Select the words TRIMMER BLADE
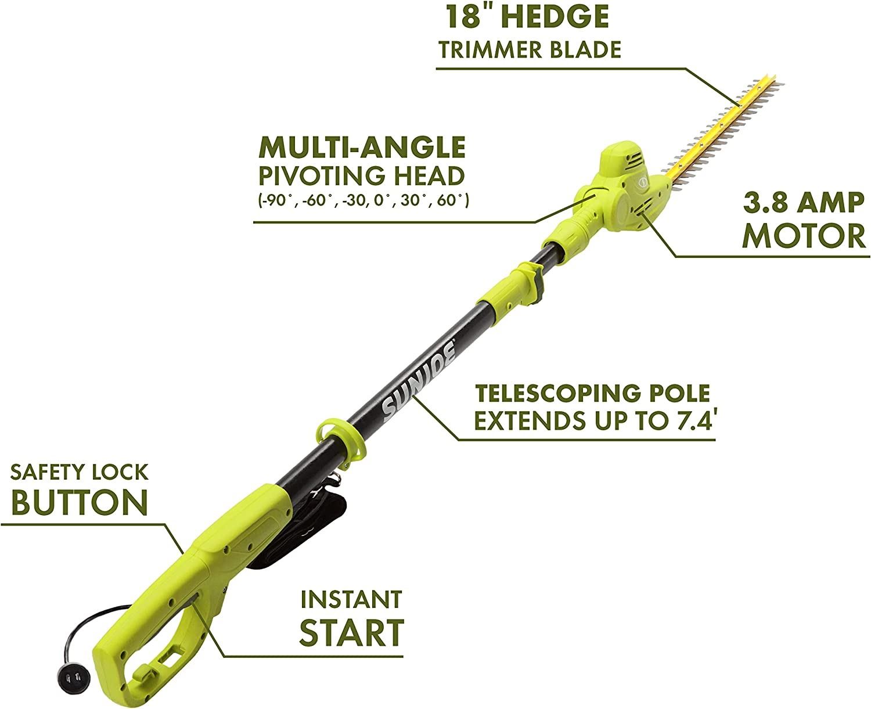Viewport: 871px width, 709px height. tap(530, 50)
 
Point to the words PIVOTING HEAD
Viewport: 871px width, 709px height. tap(362, 176)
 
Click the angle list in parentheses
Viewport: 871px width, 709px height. tap(363, 201)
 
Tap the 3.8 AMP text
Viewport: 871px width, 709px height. tap(804, 203)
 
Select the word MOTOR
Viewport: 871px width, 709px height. tap(804, 235)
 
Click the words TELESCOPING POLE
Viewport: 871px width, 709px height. tap(592, 393)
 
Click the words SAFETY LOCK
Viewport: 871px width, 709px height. tap(79, 472)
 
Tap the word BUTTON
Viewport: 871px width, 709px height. tap(80, 502)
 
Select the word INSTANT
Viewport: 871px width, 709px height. tap(351, 600)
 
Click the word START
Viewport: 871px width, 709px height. tap(351, 632)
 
